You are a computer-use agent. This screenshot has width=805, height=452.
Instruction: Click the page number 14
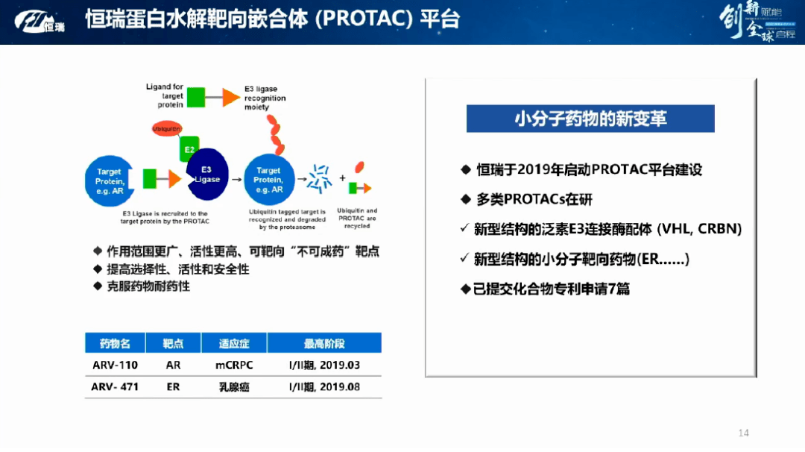(742, 433)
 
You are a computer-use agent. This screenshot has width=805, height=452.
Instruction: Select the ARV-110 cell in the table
(115, 365)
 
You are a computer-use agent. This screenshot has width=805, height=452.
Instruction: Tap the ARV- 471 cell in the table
(115, 386)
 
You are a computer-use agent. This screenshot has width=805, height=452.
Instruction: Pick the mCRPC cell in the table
(233, 365)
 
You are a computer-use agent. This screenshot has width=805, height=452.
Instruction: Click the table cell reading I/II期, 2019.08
(324, 386)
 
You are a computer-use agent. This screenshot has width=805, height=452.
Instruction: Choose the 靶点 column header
(173, 344)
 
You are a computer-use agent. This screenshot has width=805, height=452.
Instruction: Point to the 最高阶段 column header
(324, 344)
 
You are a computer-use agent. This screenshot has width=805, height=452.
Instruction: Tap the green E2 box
(189, 149)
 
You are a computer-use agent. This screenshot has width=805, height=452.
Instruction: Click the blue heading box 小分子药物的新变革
(590, 119)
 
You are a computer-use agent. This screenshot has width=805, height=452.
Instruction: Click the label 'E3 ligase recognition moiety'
(265, 98)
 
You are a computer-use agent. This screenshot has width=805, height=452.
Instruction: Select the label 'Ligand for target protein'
(164, 96)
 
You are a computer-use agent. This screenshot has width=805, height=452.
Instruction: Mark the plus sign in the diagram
(342, 178)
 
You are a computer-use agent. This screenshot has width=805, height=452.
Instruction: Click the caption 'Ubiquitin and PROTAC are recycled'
(357, 218)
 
